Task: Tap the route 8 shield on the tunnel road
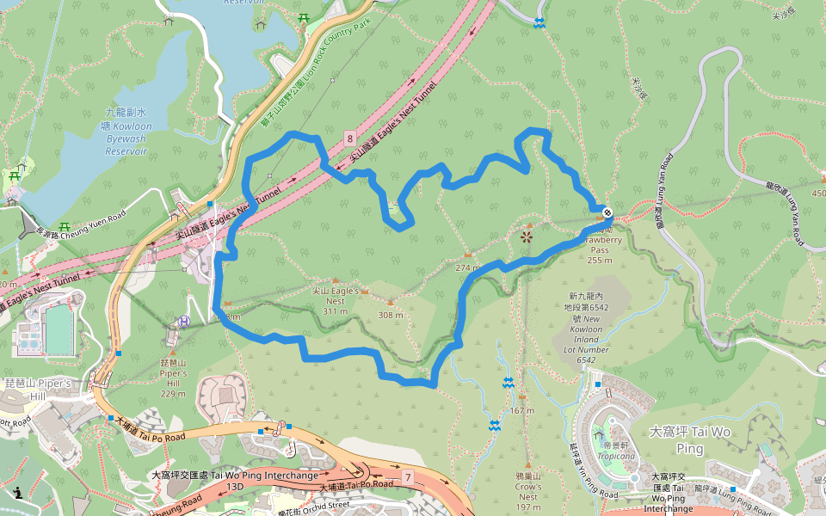(350, 138)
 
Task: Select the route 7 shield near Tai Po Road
(407, 476)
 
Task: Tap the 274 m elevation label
(467, 267)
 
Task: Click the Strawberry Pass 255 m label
(600, 244)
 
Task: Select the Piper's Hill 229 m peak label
(173, 378)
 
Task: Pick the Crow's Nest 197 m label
(527, 491)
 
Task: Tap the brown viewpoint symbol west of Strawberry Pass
(527, 235)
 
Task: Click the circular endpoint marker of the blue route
(607, 211)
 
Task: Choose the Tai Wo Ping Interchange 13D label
(234, 480)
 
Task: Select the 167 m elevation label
(521, 410)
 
